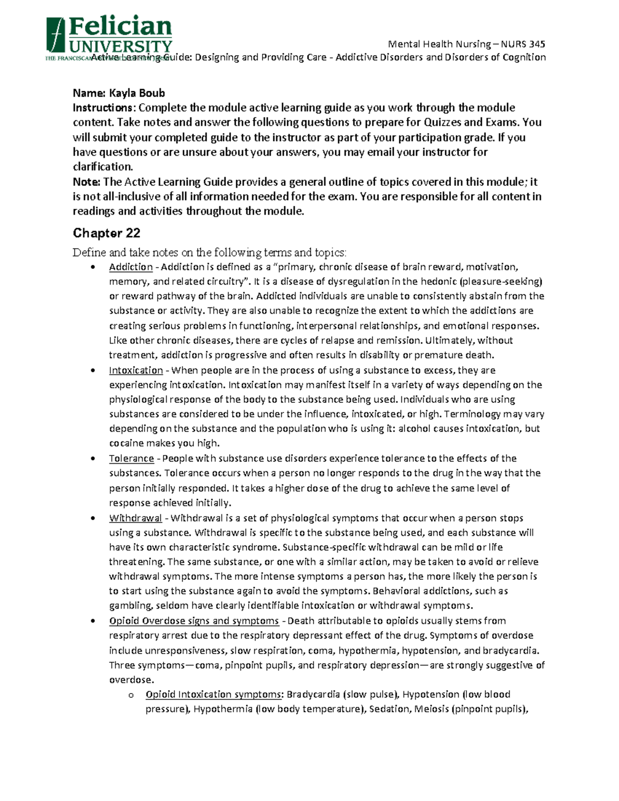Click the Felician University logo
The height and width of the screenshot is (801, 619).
[x=109, y=37]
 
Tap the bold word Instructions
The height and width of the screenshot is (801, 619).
[x=103, y=108]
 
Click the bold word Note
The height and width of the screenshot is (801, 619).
[x=85, y=182]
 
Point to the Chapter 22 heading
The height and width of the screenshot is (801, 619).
[x=106, y=233]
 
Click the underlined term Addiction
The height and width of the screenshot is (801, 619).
[x=131, y=267]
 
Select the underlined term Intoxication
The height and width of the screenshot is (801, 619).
[x=136, y=370]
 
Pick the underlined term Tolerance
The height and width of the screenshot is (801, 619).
[x=132, y=459]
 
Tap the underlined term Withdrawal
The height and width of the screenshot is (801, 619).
[x=135, y=518]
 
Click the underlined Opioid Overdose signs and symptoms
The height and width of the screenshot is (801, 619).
[x=194, y=620]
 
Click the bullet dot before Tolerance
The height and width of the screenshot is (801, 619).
[x=92, y=459]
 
